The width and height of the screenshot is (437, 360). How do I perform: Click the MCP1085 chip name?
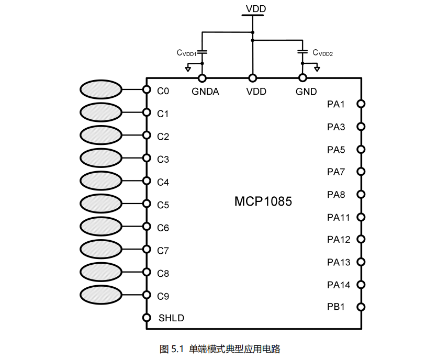(x=263, y=201)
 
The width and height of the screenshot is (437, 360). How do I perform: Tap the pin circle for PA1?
(x=361, y=104)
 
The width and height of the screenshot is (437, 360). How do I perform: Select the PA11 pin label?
(x=339, y=217)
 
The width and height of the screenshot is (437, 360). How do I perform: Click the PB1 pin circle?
(x=361, y=307)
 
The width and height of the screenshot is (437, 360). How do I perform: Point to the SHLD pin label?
(x=171, y=318)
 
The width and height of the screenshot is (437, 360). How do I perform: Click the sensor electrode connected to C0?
(x=100, y=90)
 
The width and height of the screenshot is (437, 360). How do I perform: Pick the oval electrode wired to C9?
(x=100, y=295)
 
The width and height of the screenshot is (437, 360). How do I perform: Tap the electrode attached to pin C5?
(x=100, y=204)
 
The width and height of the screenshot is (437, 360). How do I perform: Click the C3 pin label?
(x=163, y=159)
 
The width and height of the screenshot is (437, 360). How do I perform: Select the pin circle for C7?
(x=147, y=250)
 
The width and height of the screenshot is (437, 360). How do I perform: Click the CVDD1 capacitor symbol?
(x=203, y=52)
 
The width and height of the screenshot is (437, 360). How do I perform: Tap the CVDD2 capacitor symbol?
(x=302, y=52)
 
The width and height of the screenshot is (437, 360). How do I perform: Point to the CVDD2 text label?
(x=323, y=53)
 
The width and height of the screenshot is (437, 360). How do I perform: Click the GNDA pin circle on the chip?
(x=203, y=78)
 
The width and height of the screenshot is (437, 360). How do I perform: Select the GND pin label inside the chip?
(x=306, y=92)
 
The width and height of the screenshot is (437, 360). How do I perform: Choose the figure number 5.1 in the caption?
(x=176, y=348)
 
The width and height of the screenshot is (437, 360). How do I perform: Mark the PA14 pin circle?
(x=361, y=285)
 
